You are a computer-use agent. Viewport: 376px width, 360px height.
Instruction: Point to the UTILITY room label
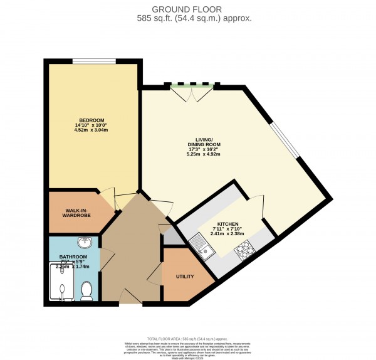point(185,277)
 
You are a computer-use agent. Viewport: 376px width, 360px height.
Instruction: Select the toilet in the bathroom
point(87,289)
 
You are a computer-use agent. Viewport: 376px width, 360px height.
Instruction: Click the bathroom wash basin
point(85,242)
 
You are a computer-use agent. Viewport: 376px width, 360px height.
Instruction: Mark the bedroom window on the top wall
point(93,61)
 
